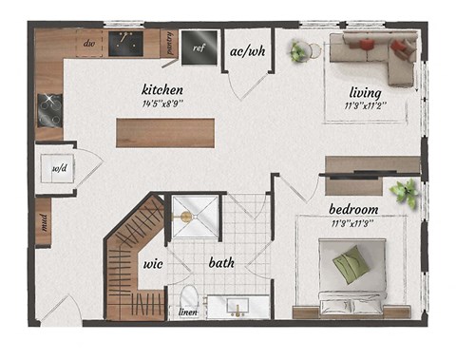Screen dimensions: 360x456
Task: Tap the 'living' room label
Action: pos(365,92)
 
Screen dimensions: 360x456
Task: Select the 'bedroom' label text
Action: pos(353,209)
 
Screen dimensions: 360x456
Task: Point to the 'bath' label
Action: pos(222,263)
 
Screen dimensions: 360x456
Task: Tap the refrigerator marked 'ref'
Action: pos(199,47)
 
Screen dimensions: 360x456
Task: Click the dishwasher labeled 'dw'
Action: pos(90,43)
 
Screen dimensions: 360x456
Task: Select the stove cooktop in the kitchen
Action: pos(48,111)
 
